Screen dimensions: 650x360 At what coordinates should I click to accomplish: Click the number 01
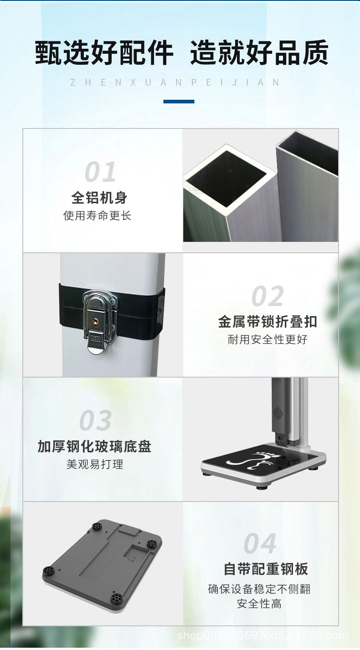click(100, 173)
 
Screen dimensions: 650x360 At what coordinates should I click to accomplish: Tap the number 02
click(267, 297)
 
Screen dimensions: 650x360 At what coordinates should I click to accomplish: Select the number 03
click(95, 421)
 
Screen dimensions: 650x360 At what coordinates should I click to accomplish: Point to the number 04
click(260, 544)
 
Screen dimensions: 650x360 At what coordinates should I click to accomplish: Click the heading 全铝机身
click(99, 198)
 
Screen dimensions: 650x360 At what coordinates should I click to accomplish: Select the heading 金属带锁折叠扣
click(267, 322)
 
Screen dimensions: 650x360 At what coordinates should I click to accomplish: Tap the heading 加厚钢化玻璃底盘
click(94, 446)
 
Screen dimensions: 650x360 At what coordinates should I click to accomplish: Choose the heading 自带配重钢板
click(266, 569)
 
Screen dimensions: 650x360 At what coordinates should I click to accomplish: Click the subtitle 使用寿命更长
click(98, 215)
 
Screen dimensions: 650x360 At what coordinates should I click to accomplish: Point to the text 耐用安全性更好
click(267, 339)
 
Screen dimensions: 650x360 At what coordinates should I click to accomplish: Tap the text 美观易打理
click(95, 465)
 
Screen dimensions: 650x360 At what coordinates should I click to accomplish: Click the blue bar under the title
click(179, 102)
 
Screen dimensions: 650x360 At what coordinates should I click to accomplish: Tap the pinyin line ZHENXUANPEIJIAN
click(175, 82)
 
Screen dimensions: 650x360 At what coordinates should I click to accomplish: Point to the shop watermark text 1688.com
click(263, 635)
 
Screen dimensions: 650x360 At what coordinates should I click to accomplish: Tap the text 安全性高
click(259, 604)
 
